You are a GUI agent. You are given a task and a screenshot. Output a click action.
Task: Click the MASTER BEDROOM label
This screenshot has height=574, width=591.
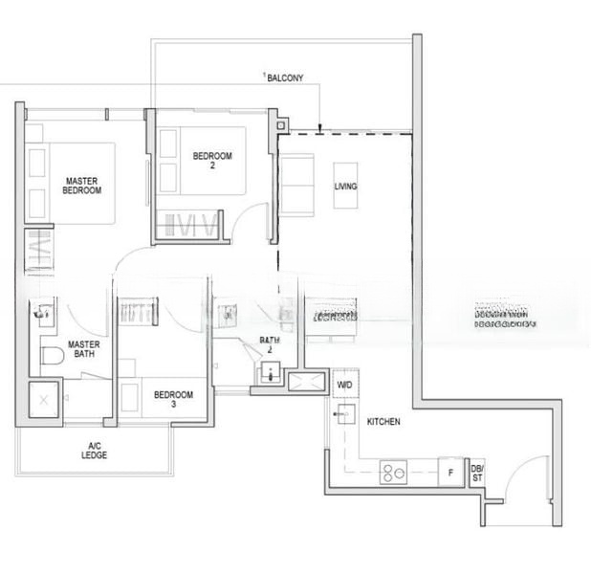pyautogui.click(x=82, y=185)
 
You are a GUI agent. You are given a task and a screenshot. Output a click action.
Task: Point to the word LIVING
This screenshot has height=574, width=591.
pyautogui.click(x=345, y=187)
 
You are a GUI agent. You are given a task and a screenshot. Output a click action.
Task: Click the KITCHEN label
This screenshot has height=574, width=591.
pyautogui.click(x=383, y=421)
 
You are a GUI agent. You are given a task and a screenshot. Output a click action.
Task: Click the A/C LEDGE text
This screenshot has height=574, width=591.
pyautogui.click(x=95, y=451)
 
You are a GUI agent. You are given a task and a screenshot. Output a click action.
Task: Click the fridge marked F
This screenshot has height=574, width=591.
pyautogui.click(x=447, y=472)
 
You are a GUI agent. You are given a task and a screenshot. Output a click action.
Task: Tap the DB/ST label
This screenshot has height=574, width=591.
pyautogui.click(x=477, y=473)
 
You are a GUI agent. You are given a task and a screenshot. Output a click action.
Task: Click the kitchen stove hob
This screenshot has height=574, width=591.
pyautogui.click(x=393, y=471)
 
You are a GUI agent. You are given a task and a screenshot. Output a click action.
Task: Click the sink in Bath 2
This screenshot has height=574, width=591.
pyautogui.click(x=268, y=376)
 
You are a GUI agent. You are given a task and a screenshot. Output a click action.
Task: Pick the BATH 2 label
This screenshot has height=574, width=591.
pyautogui.click(x=271, y=345)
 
